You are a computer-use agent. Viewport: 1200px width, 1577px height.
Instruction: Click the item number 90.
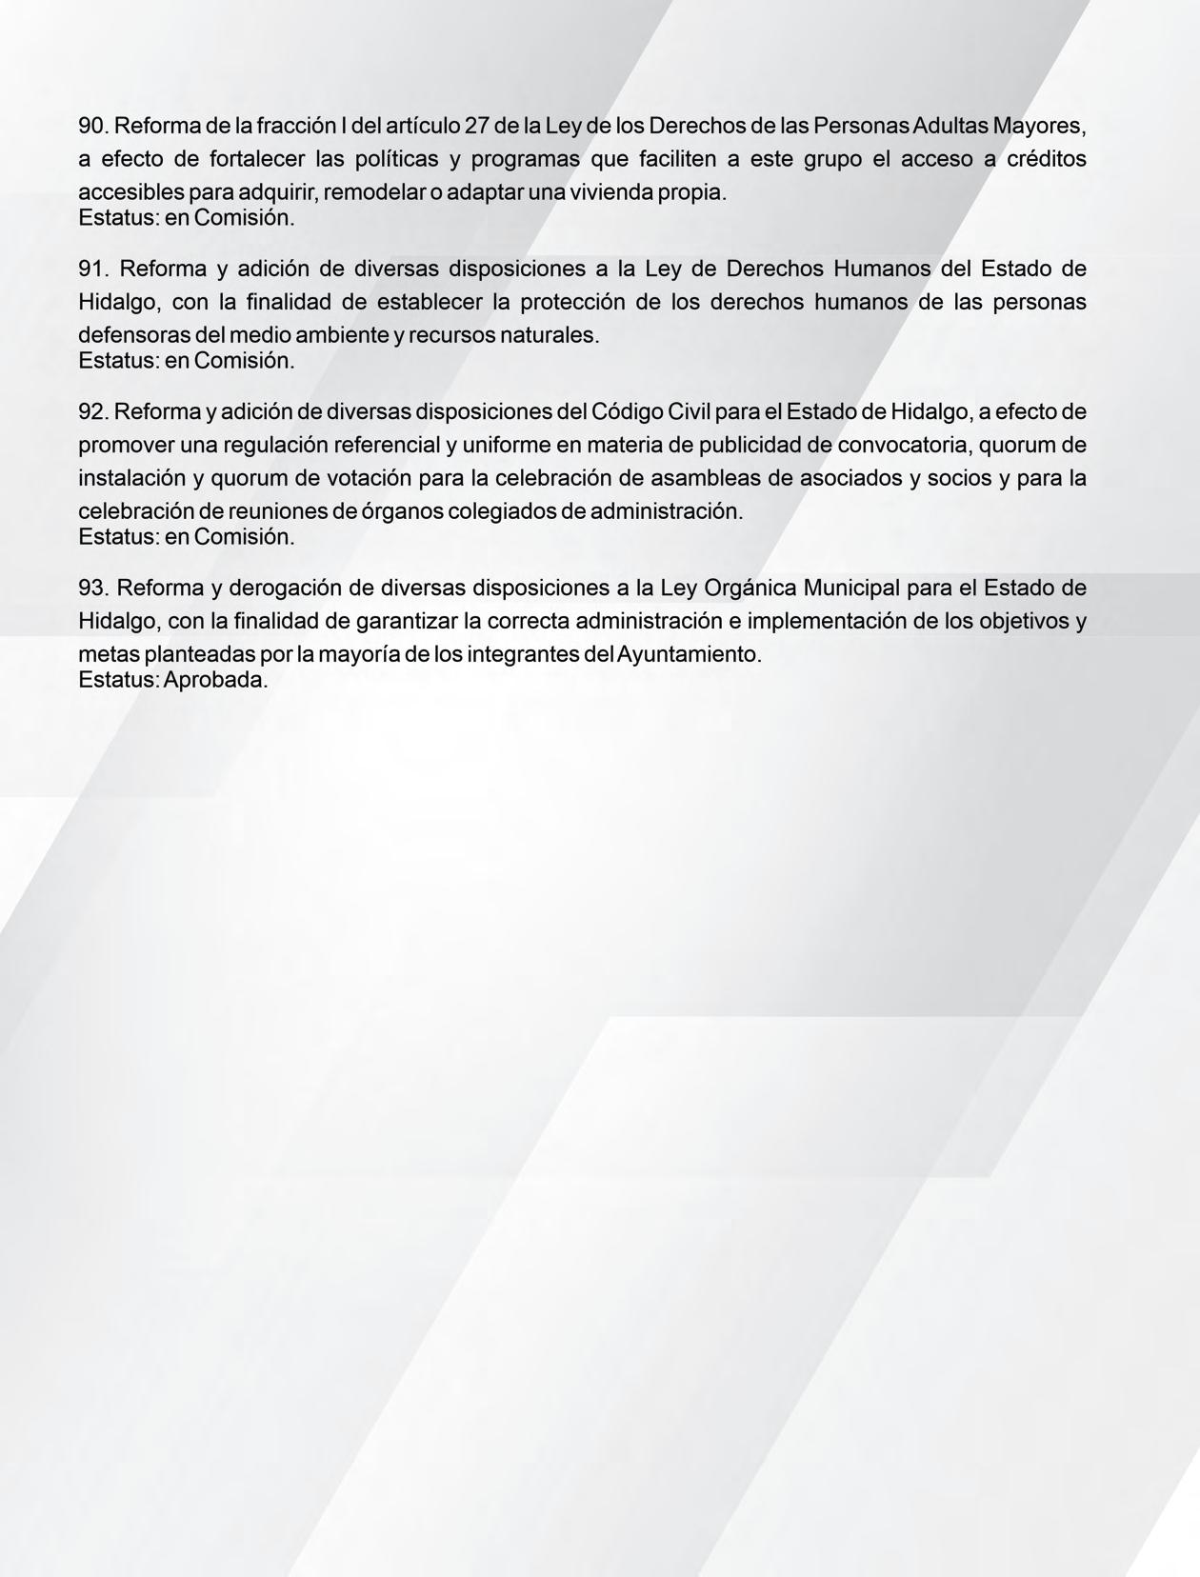click(92, 126)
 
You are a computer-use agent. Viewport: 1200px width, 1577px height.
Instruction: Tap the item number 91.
click(92, 269)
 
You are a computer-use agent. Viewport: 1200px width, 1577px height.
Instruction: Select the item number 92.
click(92, 412)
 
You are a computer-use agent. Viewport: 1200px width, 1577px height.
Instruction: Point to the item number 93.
click(92, 588)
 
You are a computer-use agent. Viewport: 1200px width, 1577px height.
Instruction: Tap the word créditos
click(1046, 159)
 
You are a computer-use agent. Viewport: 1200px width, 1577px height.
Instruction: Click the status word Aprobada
click(216, 680)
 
